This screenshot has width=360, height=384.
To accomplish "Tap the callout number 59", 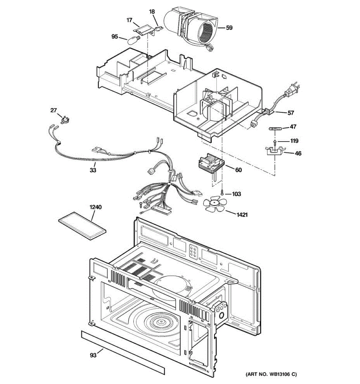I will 229,28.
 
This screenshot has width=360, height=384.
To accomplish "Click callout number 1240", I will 95,207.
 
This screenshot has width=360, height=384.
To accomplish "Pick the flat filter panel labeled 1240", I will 82,226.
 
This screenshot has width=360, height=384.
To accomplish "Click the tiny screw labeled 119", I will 275,141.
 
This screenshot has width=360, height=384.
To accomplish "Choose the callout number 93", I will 93,355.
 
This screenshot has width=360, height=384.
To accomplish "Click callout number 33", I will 93,170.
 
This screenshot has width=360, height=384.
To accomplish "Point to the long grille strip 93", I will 123,352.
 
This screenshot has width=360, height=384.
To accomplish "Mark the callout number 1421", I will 242,215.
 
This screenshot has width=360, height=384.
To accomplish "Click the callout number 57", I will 290,113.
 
